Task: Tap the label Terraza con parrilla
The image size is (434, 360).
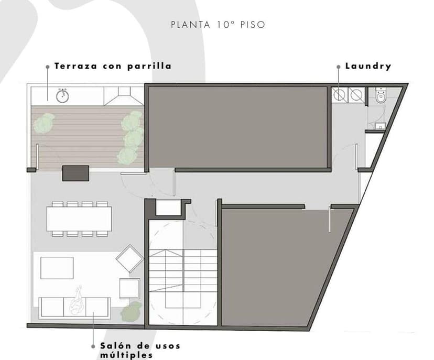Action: click(113, 67)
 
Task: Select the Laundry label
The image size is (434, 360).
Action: click(368, 67)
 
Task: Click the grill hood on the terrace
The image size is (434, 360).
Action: click(124, 96)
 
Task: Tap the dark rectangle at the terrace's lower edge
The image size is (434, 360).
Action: click(75, 173)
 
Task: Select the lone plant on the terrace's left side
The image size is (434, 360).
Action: click(44, 123)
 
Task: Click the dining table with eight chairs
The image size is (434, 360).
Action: click(79, 219)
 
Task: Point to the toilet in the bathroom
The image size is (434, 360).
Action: click(381, 97)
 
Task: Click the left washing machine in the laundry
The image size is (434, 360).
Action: click(340, 95)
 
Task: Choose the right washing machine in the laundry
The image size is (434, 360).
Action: click(356, 95)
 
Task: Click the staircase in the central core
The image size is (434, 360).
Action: click(183, 278)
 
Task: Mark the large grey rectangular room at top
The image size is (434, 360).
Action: click(238, 127)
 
